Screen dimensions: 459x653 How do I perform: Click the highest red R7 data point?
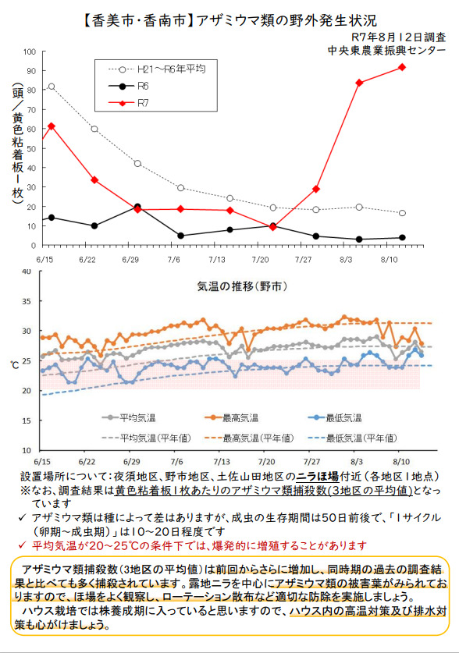tap(402, 67)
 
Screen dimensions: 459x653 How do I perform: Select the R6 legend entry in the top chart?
tap(128, 86)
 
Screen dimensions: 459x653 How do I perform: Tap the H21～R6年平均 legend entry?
tap(157, 69)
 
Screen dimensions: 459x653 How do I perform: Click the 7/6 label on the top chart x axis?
tap(174, 260)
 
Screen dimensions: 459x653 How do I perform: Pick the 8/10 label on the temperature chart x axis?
tap(400, 462)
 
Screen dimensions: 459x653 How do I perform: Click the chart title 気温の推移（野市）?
tap(242, 286)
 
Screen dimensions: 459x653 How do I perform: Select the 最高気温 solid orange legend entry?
tap(232, 417)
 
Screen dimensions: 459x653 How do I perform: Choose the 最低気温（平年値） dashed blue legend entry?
tap(352, 438)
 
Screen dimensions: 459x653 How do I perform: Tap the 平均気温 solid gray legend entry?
tap(129, 417)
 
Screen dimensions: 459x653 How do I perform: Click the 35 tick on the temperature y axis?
tap(27, 300)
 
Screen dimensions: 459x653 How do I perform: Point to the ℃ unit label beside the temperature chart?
tap(15, 365)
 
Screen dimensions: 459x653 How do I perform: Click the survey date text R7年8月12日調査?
tap(399, 37)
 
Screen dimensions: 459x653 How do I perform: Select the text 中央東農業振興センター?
tap(386, 51)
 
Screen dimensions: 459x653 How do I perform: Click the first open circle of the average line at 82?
tap(52, 87)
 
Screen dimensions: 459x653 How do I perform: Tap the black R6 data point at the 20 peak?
tap(137, 207)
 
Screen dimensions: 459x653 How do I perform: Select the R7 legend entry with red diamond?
tap(128, 103)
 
